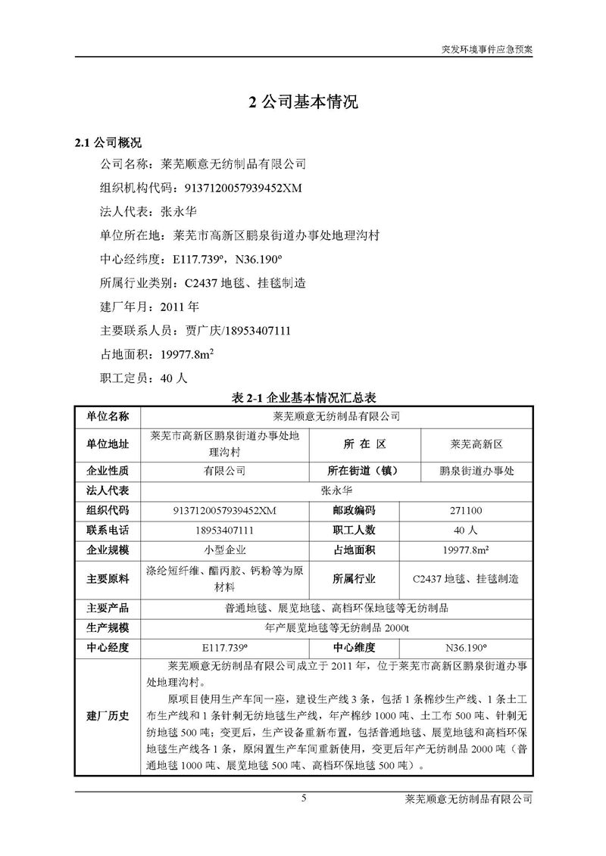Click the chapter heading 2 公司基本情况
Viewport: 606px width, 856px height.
click(303, 104)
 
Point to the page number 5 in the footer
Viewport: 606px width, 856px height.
click(303, 798)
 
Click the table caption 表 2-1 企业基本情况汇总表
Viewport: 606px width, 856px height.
click(303, 397)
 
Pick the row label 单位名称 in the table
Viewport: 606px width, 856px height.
click(108, 416)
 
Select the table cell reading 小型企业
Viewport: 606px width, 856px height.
click(224, 549)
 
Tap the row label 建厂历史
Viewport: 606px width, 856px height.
click(108, 716)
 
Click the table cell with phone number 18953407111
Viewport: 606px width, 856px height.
click(224, 530)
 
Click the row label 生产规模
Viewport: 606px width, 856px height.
click(108, 627)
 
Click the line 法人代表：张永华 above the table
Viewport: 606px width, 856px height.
click(141, 212)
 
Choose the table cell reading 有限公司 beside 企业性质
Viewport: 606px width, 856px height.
click(224, 471)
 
